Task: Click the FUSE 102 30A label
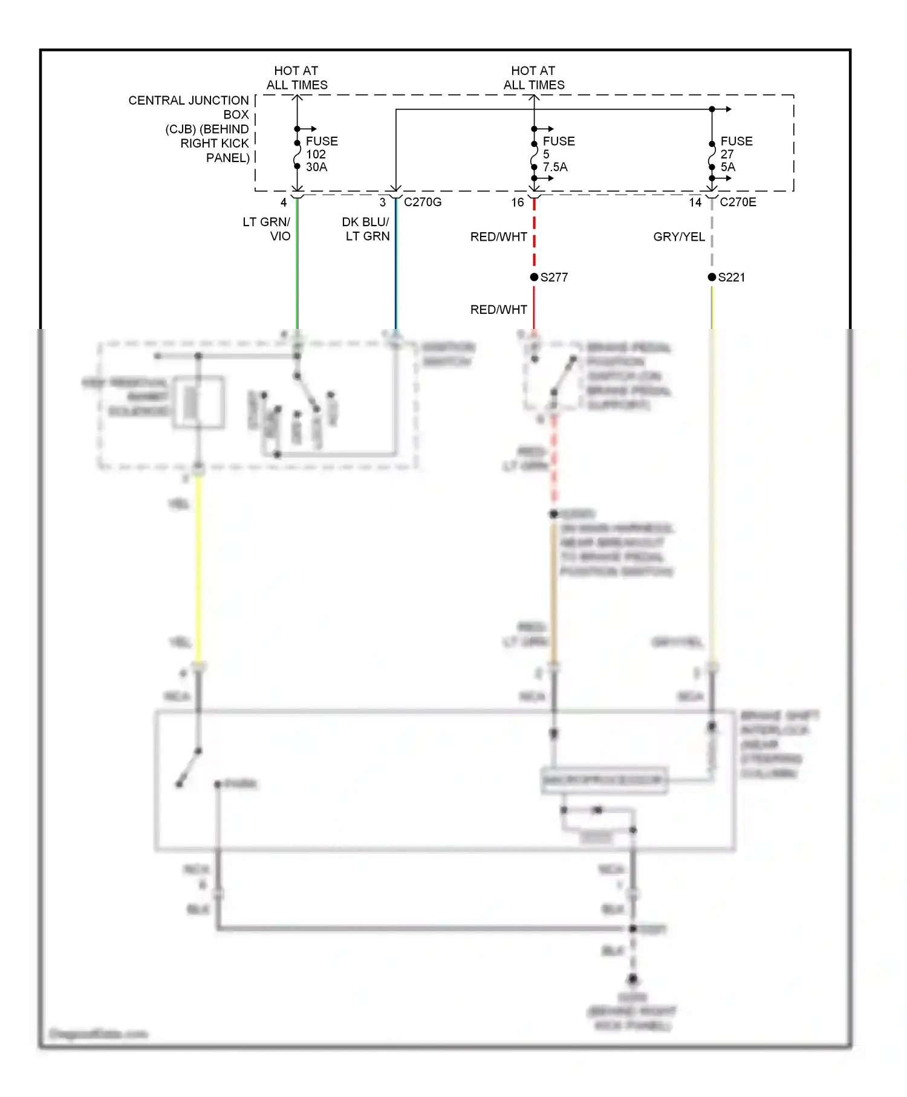point(321,154)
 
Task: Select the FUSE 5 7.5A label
point(558,154)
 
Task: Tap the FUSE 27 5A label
point(736,154)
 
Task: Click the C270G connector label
point(423,202)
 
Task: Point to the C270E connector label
point(738,202)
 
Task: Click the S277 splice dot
point(534,277)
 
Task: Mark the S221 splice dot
point(712,277)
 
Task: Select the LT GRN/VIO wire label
point(267,229)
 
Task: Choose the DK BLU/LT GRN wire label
point(366,229)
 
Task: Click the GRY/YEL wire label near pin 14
point(679,237)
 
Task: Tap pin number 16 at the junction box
point(518,203)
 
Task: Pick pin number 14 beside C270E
point(695,203)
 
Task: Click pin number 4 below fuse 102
point(284,203)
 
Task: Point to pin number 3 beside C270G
point(383,203)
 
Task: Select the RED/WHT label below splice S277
point(499,310)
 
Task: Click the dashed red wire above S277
point(534,236)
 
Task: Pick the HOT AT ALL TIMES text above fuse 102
point(297,78)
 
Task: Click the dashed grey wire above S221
point(712,236)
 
